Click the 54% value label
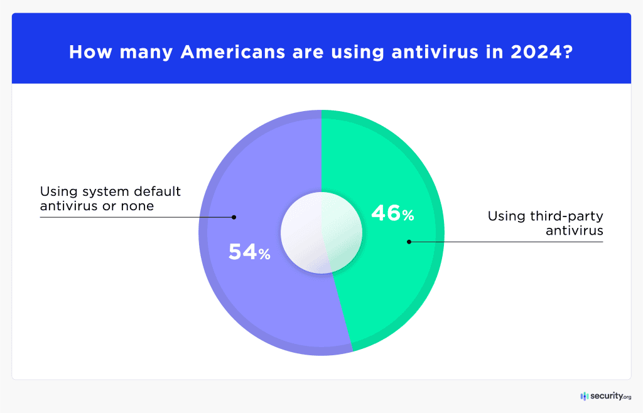[x=249, y=252]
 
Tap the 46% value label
[x=392, y=213]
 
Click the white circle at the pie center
[x=321, y=233]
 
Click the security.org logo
[x=605, y=396]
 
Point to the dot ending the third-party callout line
[x=409, y=242]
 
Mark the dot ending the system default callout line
[x=234, y=217]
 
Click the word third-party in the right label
[x=571, y=217]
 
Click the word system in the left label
[x=104, y=191]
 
